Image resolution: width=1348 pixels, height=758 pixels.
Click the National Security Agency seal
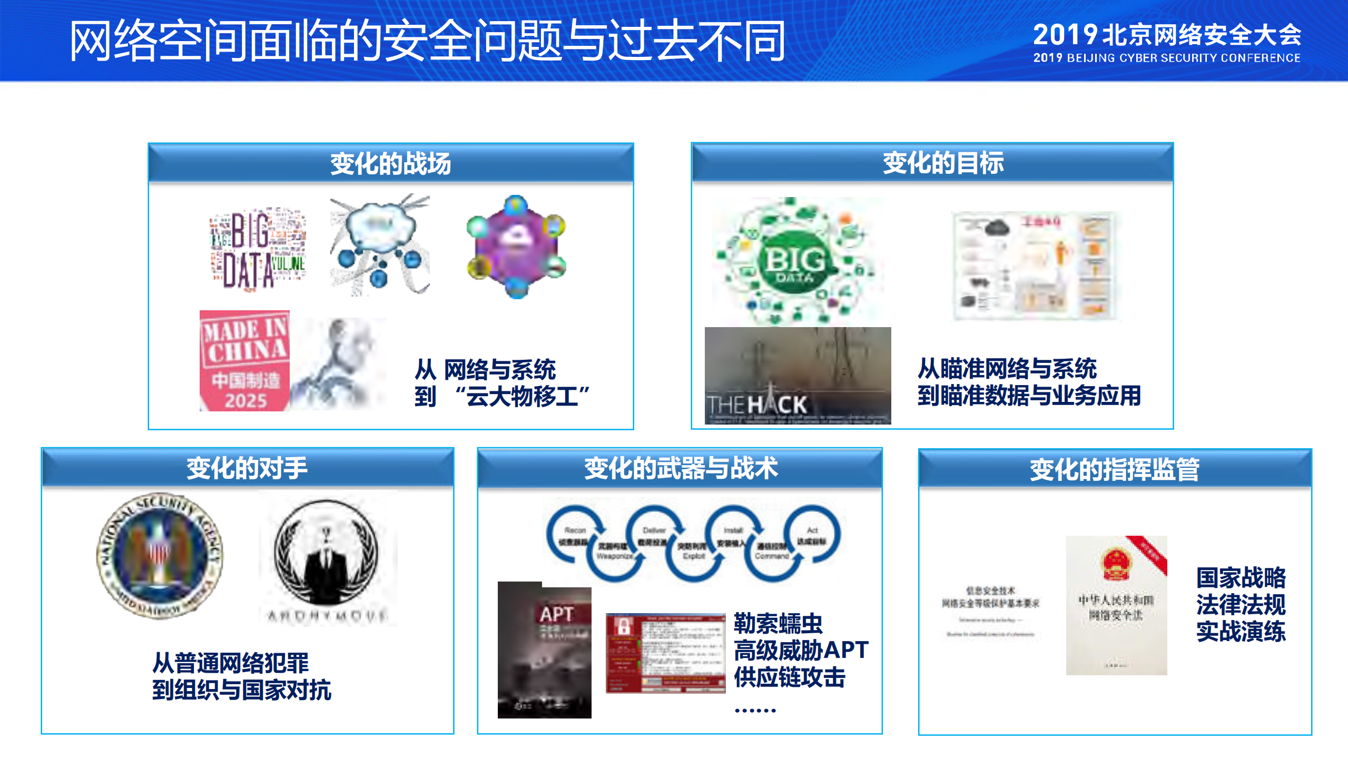[x=159, y=555]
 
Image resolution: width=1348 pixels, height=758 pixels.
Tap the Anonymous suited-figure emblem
[x=327, y=553]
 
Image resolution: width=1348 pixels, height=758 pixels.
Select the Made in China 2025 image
[x=244, y=361]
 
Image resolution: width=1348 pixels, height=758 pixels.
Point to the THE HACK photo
[x=798, y=376]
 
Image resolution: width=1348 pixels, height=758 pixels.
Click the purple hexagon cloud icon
[x=516, y=247]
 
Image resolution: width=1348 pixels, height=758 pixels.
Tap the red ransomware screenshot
[x=665, y=653]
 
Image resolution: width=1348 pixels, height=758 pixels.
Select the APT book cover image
[x=544, y=650]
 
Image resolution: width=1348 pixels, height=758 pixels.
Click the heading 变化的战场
[x=390, y=163]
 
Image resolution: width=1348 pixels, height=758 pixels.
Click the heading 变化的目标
[x=943, y=163]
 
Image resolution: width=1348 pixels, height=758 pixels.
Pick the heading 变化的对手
[x=247, y=468]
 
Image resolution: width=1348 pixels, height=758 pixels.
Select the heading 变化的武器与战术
[x=680, y=468]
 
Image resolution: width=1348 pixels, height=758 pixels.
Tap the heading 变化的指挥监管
[x=1114, y=469]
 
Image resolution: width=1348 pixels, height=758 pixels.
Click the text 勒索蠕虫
[x=778, y=623]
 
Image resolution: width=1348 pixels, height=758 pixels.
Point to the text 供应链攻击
[x=789, y=677]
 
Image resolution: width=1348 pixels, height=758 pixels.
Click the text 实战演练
[x=1241, y=632]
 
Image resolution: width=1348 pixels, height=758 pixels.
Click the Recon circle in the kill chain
[x=575, y=533]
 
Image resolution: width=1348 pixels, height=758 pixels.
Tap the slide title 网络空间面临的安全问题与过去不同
[x=427, y=41]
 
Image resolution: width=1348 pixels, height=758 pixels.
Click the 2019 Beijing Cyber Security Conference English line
[x=1166, y=58]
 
